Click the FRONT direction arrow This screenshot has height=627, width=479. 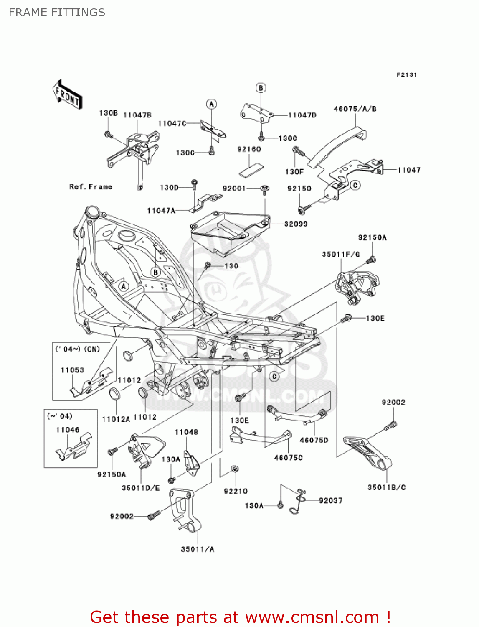67,95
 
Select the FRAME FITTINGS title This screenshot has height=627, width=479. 57,13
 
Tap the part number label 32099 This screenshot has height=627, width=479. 296,224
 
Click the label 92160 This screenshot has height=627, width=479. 249,149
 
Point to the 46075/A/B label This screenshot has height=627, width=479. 355,109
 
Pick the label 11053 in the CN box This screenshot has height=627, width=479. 72,370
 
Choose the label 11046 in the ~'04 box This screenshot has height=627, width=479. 68,430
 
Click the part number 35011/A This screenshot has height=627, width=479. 198,549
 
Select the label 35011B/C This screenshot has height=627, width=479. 386,487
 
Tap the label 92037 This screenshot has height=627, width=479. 330,500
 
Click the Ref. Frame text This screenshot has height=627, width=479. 91,186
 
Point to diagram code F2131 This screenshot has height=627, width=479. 407,75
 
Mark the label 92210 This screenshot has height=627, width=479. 236,491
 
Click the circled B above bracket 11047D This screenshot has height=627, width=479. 261,88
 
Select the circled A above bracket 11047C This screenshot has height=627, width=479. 212,104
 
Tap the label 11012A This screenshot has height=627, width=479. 116,419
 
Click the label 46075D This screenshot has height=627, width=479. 314,440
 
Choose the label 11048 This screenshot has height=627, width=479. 186,432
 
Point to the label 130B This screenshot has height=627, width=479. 108,113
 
